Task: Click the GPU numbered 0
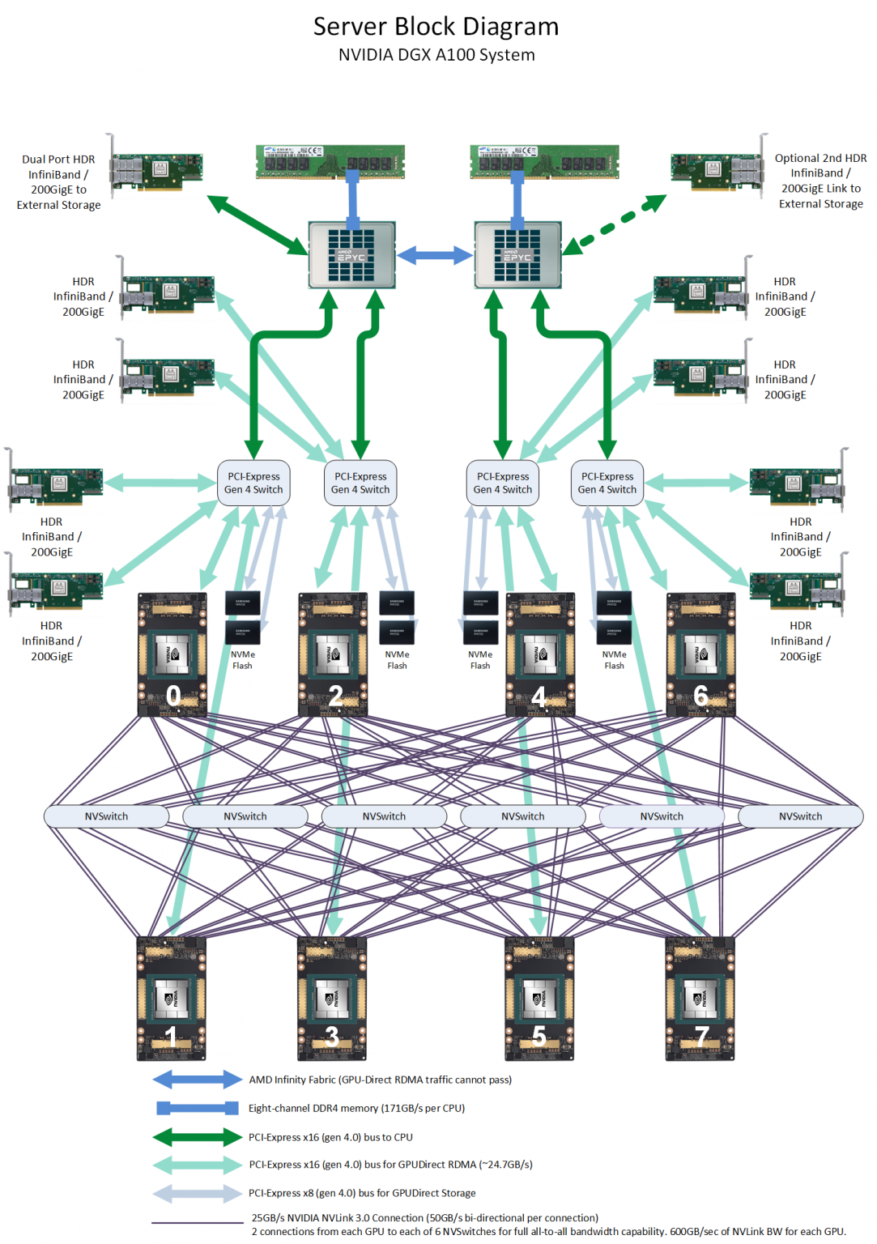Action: [172, 654]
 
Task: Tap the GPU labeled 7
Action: [700, 999]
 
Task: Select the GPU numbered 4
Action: [540, 654]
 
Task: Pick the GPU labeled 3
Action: [332, 999]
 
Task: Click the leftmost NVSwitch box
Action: [106, 816]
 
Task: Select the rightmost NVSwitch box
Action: [800, 816]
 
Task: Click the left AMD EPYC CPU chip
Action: [351, 254]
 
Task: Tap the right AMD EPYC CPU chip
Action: [517, 254]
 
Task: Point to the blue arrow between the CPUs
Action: [435, 255]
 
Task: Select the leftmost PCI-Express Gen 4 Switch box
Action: [253, 483]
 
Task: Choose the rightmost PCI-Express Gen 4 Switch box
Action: [607, 483]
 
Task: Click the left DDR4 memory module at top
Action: [330, 161]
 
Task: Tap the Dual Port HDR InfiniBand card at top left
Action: [156, 169]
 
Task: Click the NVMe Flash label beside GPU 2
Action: [397, 660]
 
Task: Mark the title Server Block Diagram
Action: [436, 27]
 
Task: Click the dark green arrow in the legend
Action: [197, 1137]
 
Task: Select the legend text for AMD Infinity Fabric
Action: [380, 1080]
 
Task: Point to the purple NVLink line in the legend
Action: [197, 1223]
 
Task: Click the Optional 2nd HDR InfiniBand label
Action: [820, 181]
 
